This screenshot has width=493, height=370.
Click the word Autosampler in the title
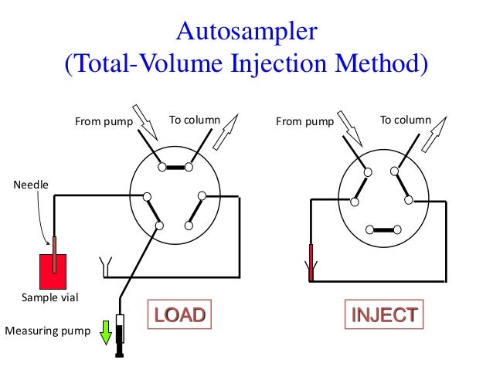tap(246, 32)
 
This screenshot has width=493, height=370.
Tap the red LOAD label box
tap(179, 314)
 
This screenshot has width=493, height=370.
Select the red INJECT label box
tap(385, 314)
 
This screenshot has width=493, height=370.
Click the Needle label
tap(29, 185)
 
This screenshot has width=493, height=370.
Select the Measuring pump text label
tap(47, 332)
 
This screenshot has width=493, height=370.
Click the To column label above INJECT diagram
tap(405, 120)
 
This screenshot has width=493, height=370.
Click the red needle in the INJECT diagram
tap(311, 263)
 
